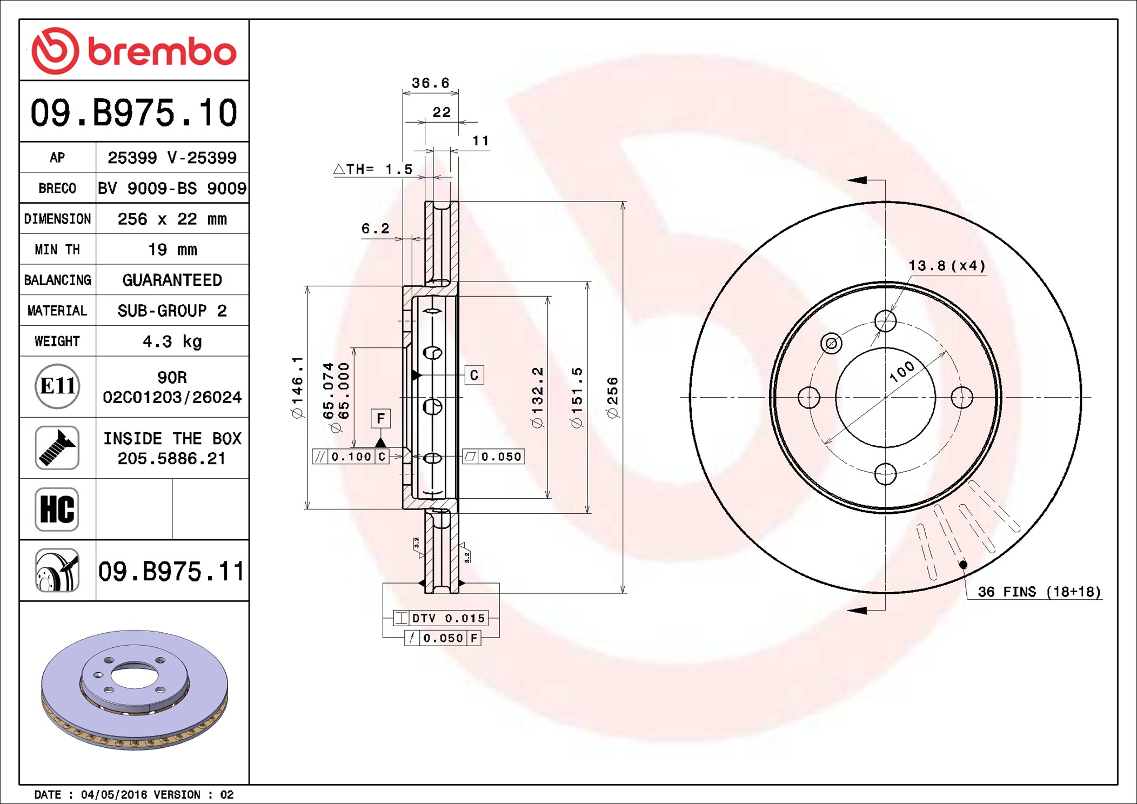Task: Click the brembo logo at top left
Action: [x=134, y=51]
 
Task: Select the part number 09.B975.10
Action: [x=134, y=113]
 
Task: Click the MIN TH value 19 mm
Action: [x=172, y=250]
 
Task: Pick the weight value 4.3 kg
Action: [x=172, y=341]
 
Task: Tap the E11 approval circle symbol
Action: [x=57, y=386]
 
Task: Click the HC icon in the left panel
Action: [x=57, y=509]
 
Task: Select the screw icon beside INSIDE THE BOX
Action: [x=57, y=447]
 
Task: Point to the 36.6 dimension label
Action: [x=430, y=83]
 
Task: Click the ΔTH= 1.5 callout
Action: [x=373, y=169]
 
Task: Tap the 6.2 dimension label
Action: [x=375, y=229]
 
